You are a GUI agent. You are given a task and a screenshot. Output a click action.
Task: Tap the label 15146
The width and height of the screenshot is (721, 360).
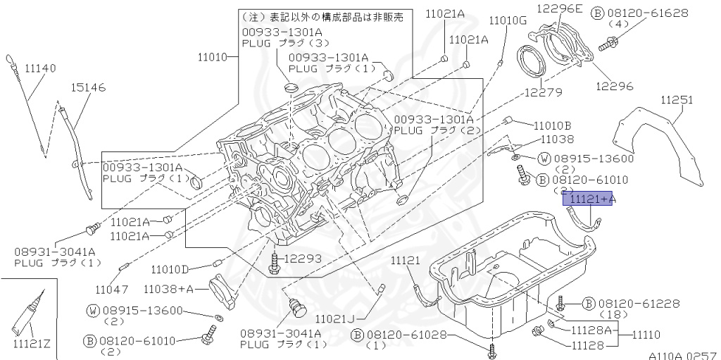[x=88, y=87]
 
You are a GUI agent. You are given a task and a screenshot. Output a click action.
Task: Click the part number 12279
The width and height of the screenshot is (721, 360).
[x=543, y=92]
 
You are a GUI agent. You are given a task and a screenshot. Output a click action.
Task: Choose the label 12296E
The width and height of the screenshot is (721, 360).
[x=560, y=8]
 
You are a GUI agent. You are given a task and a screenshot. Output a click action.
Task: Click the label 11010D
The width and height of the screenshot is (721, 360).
[x=170, y=269]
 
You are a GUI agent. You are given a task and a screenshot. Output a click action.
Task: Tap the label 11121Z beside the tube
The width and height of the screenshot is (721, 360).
[x=32, y=343]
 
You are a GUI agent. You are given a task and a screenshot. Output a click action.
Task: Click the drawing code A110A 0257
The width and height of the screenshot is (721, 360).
[x=682, y=355]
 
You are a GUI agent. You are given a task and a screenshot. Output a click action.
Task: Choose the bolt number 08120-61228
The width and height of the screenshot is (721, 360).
[x=639, y=303]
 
